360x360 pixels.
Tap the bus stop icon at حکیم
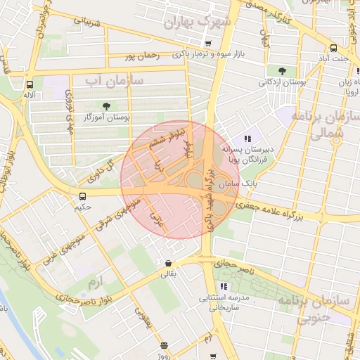coord(83,196)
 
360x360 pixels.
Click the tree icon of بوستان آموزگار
coord(106,106)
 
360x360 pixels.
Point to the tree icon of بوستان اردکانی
coord(282,70)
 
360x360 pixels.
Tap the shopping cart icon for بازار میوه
coord(208,44)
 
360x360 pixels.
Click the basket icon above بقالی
coord(168,264)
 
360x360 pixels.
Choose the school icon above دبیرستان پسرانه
coord(247,139)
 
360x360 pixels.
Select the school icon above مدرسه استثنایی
coord(224,286)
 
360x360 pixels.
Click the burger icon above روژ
coord(164,345)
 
